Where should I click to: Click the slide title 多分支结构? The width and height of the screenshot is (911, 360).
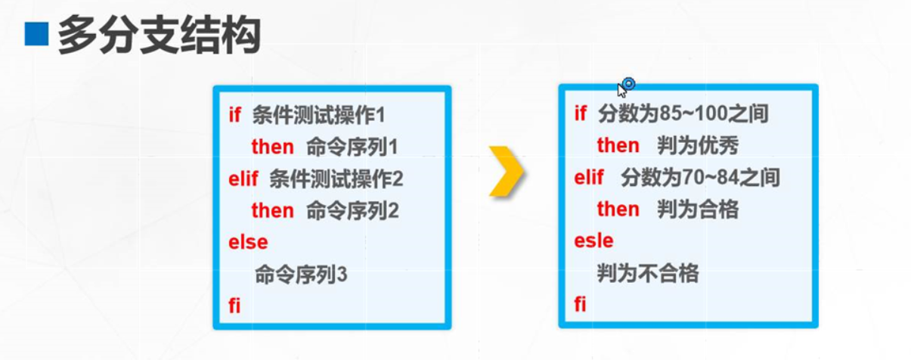coord(160,35)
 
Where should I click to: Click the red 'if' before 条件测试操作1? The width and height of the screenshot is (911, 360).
coord(234,116)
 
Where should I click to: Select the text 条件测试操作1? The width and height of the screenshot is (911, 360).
coord(319,116)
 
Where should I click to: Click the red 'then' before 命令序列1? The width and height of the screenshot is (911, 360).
coord(272,147)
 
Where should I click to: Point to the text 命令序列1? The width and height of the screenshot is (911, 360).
coord(352,147)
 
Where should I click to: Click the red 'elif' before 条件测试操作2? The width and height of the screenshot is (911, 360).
coord(243,179)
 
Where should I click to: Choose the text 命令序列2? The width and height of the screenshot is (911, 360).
coord(352,210)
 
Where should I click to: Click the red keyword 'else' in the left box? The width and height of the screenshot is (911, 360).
coord(248,242)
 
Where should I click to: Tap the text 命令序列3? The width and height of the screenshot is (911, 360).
coord(301,274)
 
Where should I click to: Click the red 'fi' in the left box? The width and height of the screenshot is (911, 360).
coord(234,306)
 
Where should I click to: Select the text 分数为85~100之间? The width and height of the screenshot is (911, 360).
coord(683,114)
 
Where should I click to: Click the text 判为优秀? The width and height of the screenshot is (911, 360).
coord(698,145)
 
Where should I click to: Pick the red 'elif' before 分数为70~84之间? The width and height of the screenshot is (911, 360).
coord(589,178)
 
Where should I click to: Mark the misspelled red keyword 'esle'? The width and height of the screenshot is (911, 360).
coord(593,241)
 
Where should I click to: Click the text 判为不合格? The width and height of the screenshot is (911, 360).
coord(648,273)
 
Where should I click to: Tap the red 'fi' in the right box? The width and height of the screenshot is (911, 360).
coord(580,305)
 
